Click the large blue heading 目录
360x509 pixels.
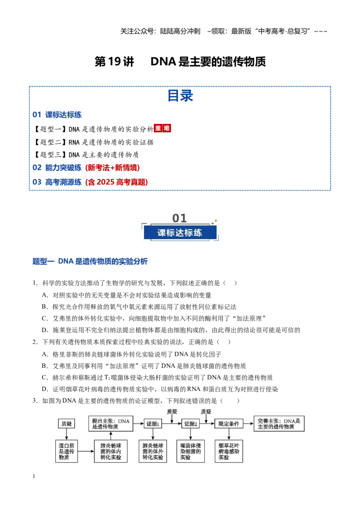pyautogui.click(x=180, y=96)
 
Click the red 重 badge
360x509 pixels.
pyautogui.click(x=158, y=129)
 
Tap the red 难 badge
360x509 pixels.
pyautogui.click(x=166, y=129)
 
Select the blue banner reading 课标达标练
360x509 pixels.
pyautogui.click(x=180, y=232)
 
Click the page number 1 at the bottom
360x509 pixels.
pyautogui.click(x=34, y=476)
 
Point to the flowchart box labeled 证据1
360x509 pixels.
pyautogui.click(x=153, y=424)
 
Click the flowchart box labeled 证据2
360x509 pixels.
pyautogui.click(x=190, y=424)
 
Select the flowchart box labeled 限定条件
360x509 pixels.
pyautogui.click(x=229, y=424)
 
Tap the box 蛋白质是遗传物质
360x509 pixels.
pyautogui.click(x=67, y=451)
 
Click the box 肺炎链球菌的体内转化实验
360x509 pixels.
pyautogui.click(x=111, y=451)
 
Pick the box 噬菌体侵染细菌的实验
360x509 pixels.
pyautogui.click(x=191, y=451)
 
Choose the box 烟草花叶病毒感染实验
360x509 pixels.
pyautogui.click(x=229, y=451)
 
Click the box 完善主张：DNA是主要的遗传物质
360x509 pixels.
pyautogui.click(x=279, y=424)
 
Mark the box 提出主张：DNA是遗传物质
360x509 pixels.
pyautogui.click(x=111, y=424)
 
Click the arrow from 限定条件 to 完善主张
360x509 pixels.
pyautogui.click(x=248, y=424)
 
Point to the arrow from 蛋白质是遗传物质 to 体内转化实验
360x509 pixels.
pyautogui.click(x=86, y=451)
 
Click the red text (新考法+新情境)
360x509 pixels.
pyautogui.click(x=112, y=168)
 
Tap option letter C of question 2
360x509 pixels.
pyautogui.click(x=45, y=378)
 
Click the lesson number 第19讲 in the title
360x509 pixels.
pyautogui.click(x=114, y=62)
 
